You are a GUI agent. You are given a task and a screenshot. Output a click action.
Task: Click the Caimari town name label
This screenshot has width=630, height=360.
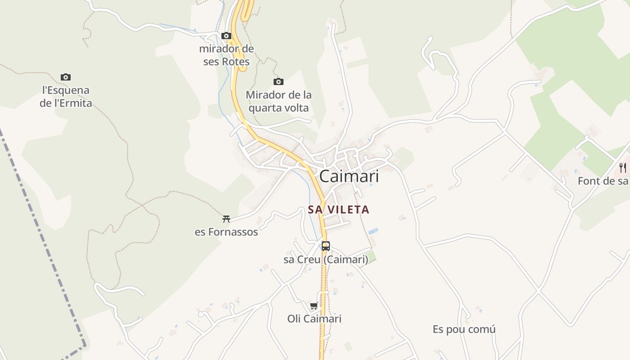[349, 176]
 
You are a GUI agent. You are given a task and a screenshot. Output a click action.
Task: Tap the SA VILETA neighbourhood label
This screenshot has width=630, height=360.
[338, 210]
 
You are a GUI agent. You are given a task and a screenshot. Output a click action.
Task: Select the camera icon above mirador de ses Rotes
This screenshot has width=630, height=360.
[226, 36]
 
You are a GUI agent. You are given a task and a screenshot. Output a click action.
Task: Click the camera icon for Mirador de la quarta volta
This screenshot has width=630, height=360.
[279, 82]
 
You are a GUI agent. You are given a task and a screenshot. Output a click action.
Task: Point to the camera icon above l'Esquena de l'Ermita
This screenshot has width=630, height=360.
[66, 77]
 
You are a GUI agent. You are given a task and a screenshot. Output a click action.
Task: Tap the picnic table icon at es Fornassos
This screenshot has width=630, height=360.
[226, 219]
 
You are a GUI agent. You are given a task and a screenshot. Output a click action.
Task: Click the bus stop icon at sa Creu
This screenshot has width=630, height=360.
[325, 246]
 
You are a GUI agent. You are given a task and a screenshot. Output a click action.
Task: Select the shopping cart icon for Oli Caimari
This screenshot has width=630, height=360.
[314, 306]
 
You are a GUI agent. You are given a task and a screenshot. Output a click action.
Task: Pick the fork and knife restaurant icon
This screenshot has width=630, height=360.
[623, 168]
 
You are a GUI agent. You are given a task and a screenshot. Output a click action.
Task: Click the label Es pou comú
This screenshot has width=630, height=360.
[464, 329]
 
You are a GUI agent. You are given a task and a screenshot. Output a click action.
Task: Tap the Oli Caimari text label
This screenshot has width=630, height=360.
[314, 319]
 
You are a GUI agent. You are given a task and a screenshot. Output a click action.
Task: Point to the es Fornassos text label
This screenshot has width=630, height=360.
[226, 232]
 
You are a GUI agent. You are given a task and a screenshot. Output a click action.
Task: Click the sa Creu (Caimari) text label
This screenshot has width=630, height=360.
[325, 260]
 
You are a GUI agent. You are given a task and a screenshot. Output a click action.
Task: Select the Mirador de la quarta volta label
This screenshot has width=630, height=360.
[279, 102]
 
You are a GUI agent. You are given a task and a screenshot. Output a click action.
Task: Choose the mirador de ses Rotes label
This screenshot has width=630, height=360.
[226, 55]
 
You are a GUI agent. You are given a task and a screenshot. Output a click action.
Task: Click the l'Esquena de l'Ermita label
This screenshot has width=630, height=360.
[66, 97]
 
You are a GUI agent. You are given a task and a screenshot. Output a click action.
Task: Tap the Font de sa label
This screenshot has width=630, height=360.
[603, 181]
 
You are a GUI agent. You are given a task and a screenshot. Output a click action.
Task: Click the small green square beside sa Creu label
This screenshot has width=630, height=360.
[372, 258]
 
